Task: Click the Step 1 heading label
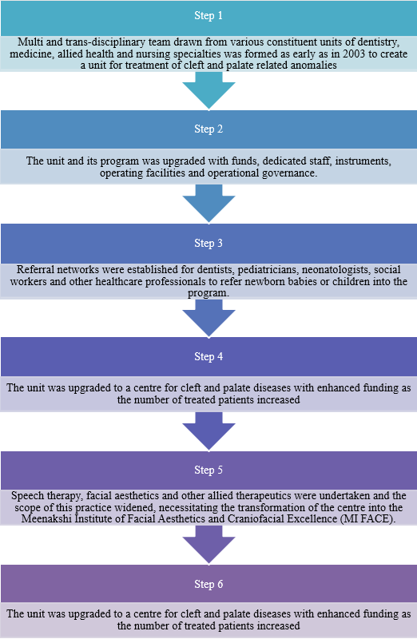coord(208,15)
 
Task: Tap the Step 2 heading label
coord(208,129)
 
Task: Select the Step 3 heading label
coord(208,243)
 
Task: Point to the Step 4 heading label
coord(208,356)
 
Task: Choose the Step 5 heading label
coord(208,470)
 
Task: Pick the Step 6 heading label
coord(208,584)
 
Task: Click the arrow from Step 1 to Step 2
coord(208,90)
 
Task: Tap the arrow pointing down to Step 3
coord(208,204)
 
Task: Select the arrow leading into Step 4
coord(208,318)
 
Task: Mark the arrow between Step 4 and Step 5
coord(208,431)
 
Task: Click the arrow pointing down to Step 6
coord(208,545)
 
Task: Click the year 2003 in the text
coord(353,54)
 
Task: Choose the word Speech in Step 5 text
coord(25,496)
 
